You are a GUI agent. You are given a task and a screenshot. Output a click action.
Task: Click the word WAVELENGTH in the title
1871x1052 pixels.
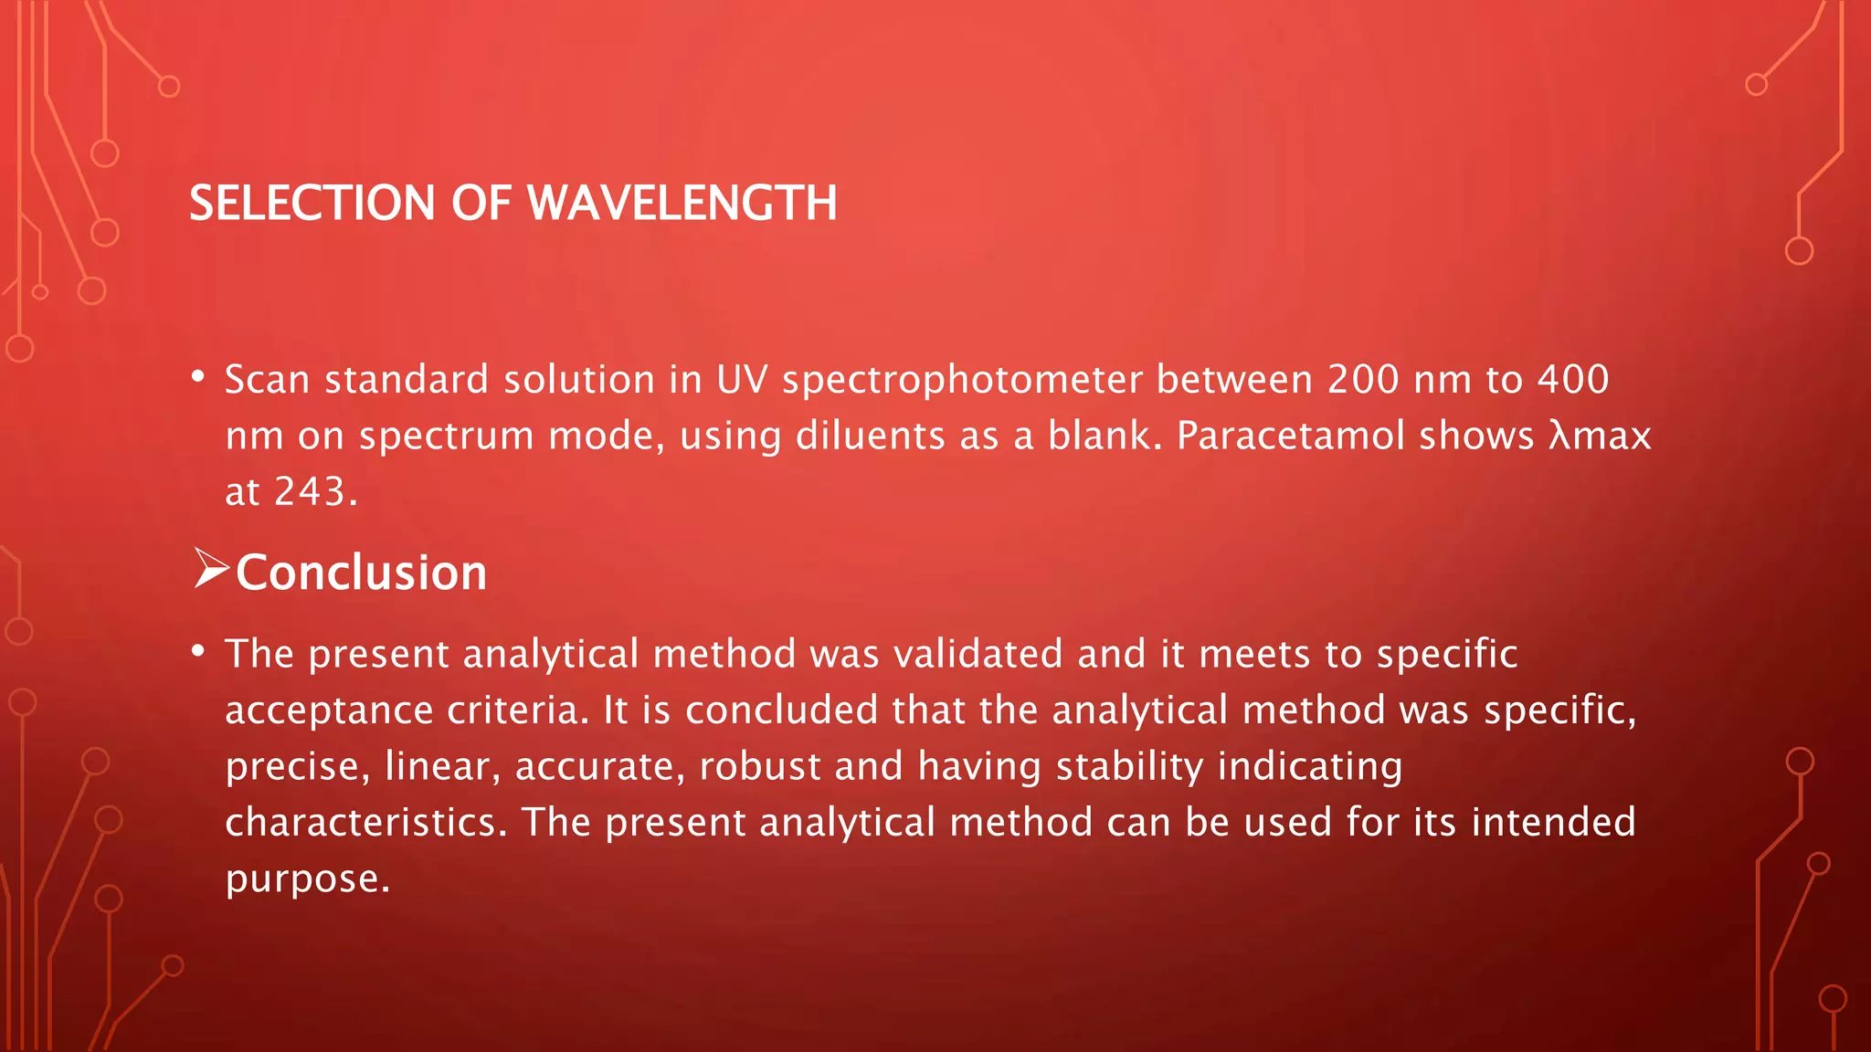682,203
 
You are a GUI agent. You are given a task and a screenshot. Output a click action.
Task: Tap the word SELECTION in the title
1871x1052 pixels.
312,203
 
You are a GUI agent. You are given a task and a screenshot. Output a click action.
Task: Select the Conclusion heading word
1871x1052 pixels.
361,573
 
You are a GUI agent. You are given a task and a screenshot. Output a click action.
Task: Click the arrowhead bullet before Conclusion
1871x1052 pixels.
211,569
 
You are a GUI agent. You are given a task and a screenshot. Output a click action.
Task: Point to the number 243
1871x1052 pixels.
311,491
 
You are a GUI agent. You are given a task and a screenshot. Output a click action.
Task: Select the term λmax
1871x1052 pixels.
1600,436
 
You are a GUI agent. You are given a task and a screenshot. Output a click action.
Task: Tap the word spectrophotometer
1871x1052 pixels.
962,380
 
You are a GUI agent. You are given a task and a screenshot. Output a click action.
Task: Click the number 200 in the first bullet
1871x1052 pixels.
1363,380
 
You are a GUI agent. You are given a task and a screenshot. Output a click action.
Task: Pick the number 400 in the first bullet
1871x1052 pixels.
1573,380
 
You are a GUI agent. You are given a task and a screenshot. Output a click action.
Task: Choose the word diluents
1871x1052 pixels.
870,436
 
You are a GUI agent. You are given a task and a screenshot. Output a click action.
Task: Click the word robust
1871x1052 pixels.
759,766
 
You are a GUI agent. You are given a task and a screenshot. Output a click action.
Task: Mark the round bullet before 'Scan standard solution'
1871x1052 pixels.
198,377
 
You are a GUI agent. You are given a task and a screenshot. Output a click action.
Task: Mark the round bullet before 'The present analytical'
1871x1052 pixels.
198,651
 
